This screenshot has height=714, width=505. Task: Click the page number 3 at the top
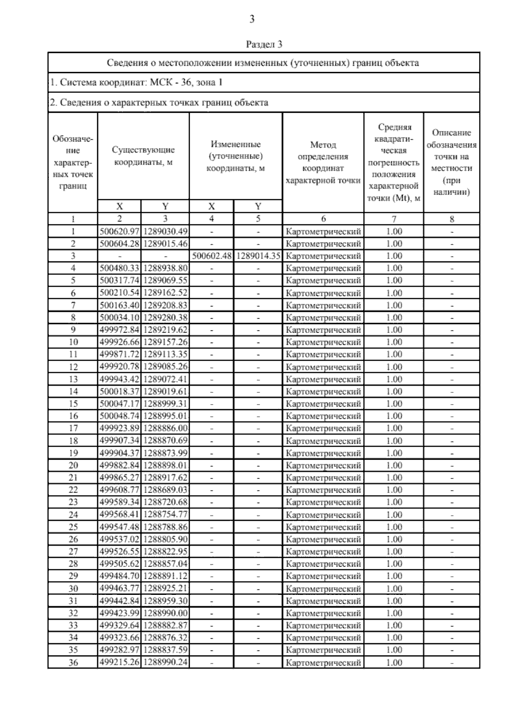(252, 19)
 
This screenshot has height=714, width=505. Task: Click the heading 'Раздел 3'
(263, 44)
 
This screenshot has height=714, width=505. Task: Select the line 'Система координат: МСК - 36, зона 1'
(137, 83)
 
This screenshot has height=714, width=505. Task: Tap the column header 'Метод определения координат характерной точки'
(323, 163)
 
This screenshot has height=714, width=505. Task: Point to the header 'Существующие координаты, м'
(143, 156)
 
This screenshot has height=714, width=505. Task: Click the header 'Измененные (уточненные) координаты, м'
(236, 156)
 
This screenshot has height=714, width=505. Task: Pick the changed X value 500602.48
(212, 256)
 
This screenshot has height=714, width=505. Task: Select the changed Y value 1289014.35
(258, 256)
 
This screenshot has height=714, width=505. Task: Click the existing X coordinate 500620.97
(120, 231)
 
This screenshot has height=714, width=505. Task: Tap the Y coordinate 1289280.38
(165, 317)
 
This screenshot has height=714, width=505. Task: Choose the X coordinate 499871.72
(120, 354)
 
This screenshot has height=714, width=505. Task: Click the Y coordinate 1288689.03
(165, 490)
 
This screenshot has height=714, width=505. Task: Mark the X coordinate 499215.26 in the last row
(120, 662)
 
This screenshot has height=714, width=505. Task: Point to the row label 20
(73, 465)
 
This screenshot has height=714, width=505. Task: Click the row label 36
(73, 663)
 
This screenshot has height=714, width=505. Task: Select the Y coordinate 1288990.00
(165, 613)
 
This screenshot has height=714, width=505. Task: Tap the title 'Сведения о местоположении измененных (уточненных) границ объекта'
(263, 63)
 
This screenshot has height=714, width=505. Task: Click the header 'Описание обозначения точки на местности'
(452, 163)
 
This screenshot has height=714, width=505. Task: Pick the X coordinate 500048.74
(120, 416)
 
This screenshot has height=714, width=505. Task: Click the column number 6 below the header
(323, 218)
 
